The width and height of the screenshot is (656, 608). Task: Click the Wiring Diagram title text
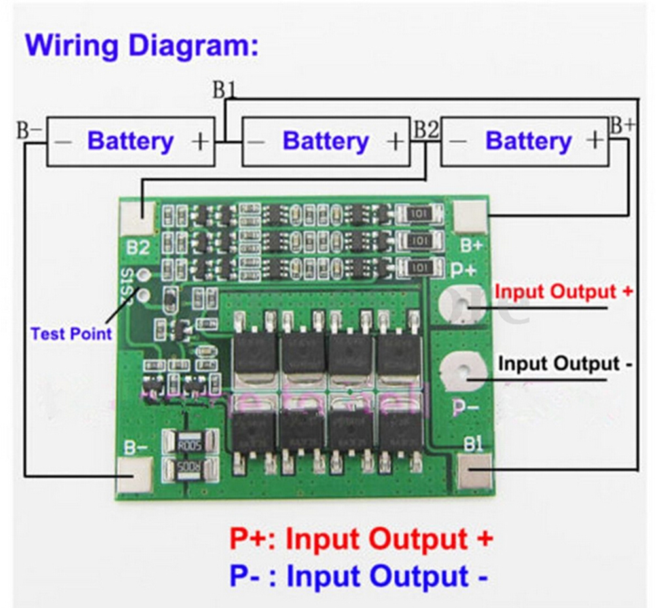click(x=141, y=46)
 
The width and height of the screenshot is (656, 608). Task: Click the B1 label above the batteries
click(x=223, y=90)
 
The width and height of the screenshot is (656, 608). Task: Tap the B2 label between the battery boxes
click(x=426, y=130)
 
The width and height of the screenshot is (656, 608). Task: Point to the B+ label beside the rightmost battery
click(x=621, y=126)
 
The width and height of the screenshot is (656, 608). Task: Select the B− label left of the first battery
click(x=29, y=130)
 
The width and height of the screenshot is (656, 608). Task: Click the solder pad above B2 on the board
click(x=137, y=216)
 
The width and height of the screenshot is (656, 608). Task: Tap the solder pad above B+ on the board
click(x=471, y=216)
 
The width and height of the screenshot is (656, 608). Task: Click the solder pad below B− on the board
click(x=136, y=473)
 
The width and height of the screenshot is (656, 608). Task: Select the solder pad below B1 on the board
click(x=475, y=472)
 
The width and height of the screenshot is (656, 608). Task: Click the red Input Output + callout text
click(x=563, y=292)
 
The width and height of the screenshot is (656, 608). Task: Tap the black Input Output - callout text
click(x=565, y=363)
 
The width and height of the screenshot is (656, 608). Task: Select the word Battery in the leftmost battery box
click(x=130, y=141)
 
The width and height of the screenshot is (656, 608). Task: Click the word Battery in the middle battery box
click(x=325, y=141)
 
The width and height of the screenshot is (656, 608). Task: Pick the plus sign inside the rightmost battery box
click(x=594, y=140)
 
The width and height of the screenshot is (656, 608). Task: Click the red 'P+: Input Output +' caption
click(x=361, y=539)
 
